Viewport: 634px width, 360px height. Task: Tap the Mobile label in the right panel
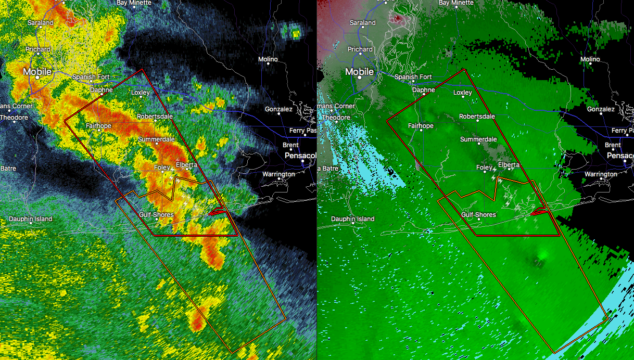click(360, 71)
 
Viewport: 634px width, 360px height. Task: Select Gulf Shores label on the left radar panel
click(156, 214)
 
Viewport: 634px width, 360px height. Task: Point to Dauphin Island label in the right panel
click(352, 218)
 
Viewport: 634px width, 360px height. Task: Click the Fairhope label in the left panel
click(99, 125)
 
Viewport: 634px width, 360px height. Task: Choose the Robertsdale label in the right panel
click(477, 117)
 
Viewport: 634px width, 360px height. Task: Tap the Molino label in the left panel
click(268, 59)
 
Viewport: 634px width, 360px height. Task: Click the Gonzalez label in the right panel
click(601, 109)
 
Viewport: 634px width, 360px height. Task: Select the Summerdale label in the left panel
click(156, 139)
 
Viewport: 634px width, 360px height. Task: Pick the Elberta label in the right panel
click(509, 165)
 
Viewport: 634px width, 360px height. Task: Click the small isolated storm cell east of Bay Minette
click(295, 33)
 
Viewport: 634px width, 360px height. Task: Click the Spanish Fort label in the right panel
click(413, 77)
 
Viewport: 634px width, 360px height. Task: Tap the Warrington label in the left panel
click(278, 174)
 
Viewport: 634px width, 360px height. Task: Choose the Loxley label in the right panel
click(462, 93)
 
